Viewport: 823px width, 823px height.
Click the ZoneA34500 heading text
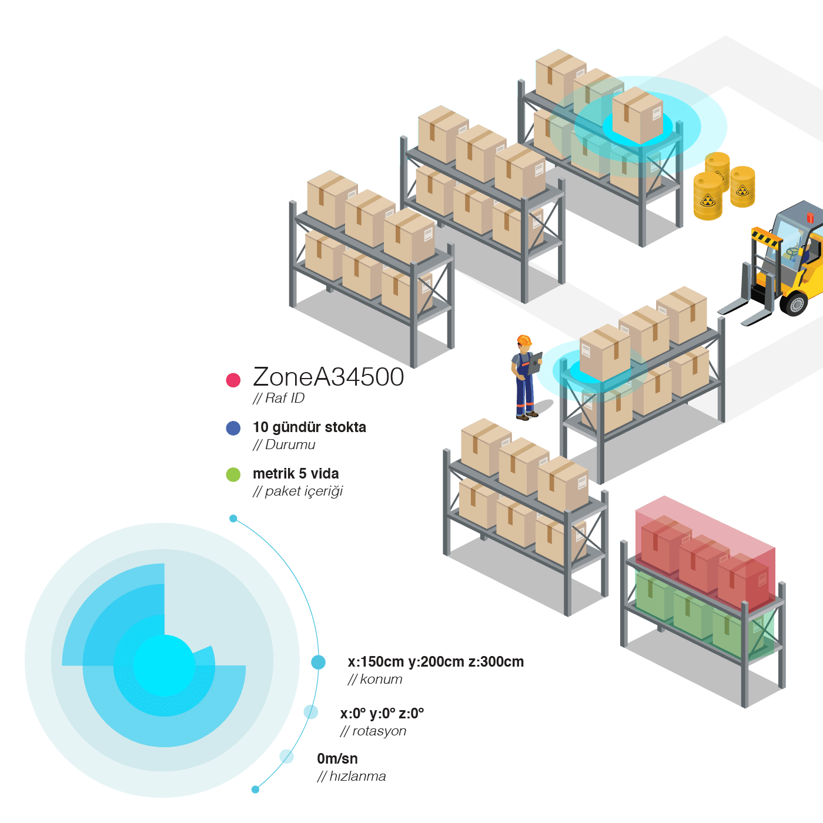328,377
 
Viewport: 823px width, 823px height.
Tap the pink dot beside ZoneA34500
233,380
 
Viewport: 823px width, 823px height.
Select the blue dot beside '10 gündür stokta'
233,428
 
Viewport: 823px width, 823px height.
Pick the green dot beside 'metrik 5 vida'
233,474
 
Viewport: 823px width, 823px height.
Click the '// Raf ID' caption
279,398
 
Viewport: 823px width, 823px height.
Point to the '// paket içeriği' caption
297,491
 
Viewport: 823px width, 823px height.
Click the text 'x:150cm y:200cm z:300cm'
436,661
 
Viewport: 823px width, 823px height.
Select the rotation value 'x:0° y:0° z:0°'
382,713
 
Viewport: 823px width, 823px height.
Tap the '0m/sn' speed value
337,758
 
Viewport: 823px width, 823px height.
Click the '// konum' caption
375,679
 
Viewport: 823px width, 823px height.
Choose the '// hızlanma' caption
352,776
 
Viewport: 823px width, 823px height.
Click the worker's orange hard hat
524,340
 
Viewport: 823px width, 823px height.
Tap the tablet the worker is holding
535,363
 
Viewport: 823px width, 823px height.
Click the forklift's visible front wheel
794,302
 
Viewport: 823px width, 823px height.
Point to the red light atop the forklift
810,218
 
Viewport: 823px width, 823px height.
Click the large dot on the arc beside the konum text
318,662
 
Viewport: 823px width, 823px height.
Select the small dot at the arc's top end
233,518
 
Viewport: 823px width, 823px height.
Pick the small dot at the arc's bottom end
255,789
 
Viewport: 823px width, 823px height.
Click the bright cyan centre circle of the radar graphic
164,665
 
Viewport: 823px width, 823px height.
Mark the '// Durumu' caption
284,444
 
